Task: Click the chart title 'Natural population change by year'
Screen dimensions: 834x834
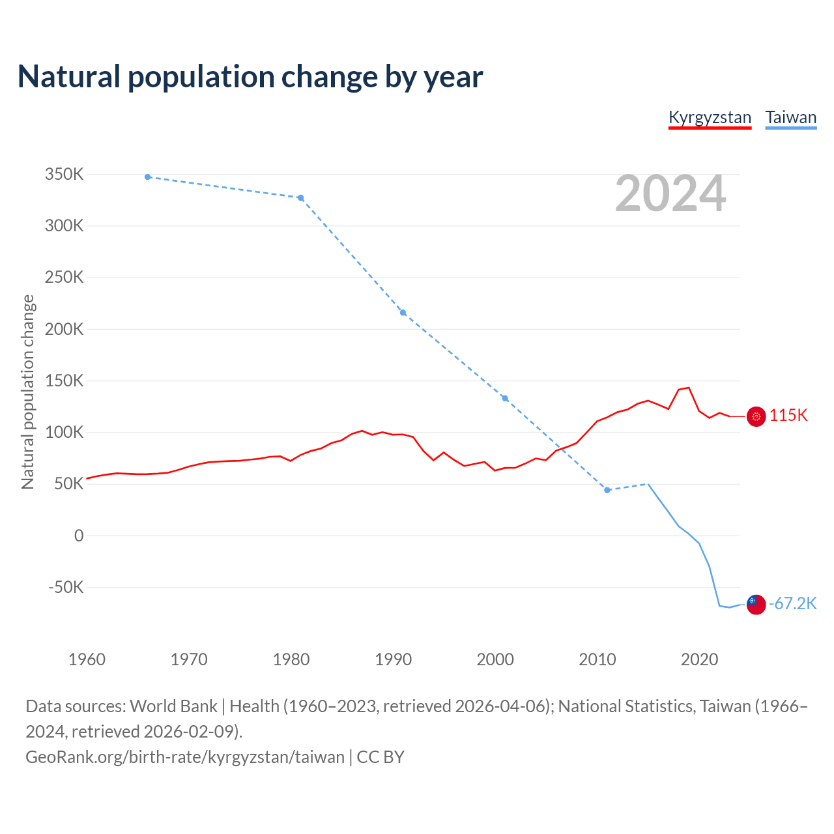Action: coord(250,77)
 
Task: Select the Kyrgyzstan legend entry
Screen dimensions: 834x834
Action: coord(710,118)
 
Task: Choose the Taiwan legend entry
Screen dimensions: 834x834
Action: coord(790,118)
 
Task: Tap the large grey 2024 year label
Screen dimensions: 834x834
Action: coord(670,194)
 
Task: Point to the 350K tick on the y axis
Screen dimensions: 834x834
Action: coord(65,175)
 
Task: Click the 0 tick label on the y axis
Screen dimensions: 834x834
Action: coord(79,536)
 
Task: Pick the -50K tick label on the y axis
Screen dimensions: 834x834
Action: coord(66,587)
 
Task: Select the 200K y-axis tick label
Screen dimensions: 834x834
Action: coord(65,329)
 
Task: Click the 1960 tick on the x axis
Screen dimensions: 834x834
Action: coord(87,659)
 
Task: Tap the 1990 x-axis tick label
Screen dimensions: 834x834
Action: coord(394,659)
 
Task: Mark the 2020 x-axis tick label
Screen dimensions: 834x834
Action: coord(699,659)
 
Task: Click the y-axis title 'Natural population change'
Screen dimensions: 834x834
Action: coord(28,392)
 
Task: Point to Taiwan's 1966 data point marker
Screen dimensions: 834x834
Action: coord(148,177)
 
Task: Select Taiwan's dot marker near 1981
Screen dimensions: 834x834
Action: coord(300,198)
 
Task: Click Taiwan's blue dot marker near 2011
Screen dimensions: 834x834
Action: coord(607,490)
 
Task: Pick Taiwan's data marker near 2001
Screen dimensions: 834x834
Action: coord(505,398)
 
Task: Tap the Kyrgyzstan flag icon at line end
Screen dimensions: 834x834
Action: coord(756,416)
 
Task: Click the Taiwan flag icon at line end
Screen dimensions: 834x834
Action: coord(756,604)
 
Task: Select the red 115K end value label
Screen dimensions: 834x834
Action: coord(788,416)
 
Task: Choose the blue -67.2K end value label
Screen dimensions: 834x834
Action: coord(792,604)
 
